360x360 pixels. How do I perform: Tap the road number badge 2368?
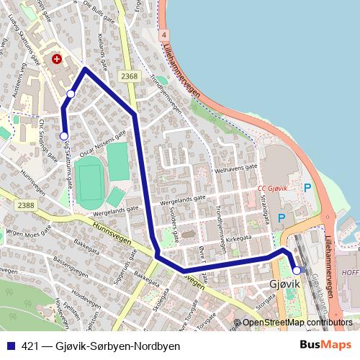(x=130, y=76)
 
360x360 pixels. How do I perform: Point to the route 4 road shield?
(x=165, y=35)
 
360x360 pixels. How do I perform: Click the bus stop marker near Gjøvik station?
(x=297, y=271)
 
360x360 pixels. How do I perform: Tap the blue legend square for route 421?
(x=11, y=346)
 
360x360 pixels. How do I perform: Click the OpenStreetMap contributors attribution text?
(x=297, y=323)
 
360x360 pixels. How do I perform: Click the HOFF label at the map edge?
(x=351, y=273)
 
